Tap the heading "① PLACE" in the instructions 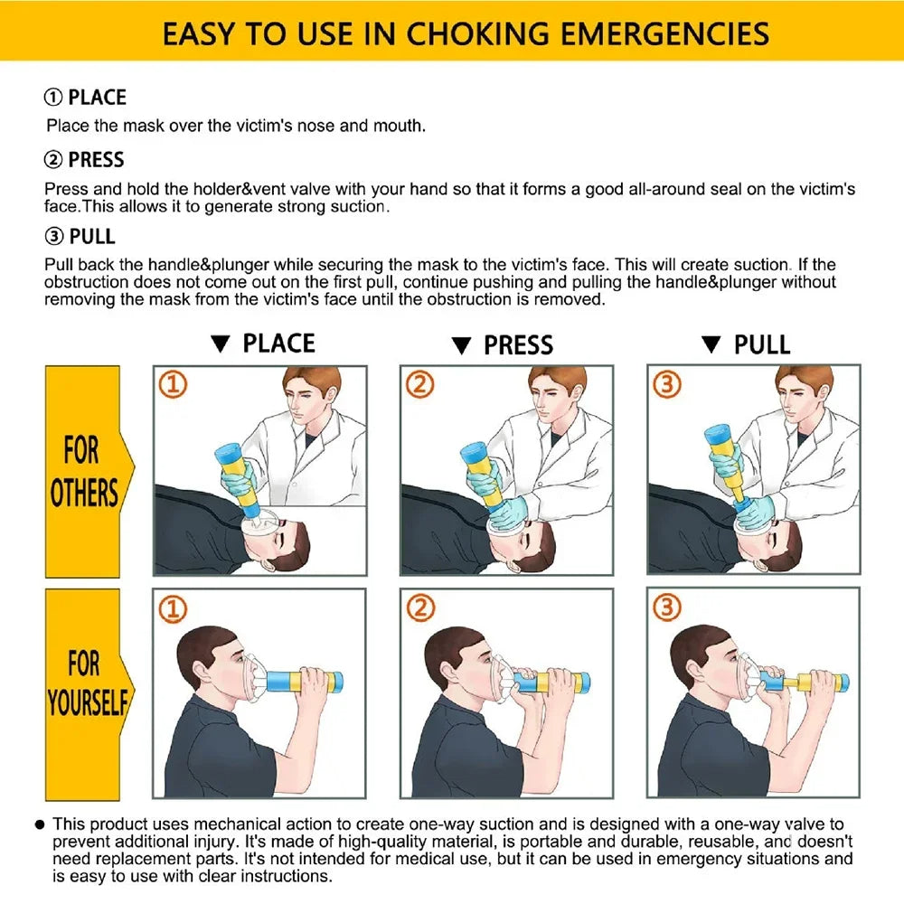pyautogui.click(x=86, y=98)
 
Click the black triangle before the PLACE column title pyautogui.click(x=220, y=344)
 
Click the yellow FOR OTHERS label pyautogui.click(x=84, y=470)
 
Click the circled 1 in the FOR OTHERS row pyautogui.click(x=174, y=385)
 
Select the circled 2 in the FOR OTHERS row pyautogui.click(x=419, y=385)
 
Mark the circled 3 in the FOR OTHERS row pyautogui.click(x=666, y=385)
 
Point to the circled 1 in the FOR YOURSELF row pyautogui.click(x=174, y=608)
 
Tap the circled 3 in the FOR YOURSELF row pyautogui.click(x=666, y=608)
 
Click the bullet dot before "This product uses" pyautogui.click(x=40, y=824)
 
